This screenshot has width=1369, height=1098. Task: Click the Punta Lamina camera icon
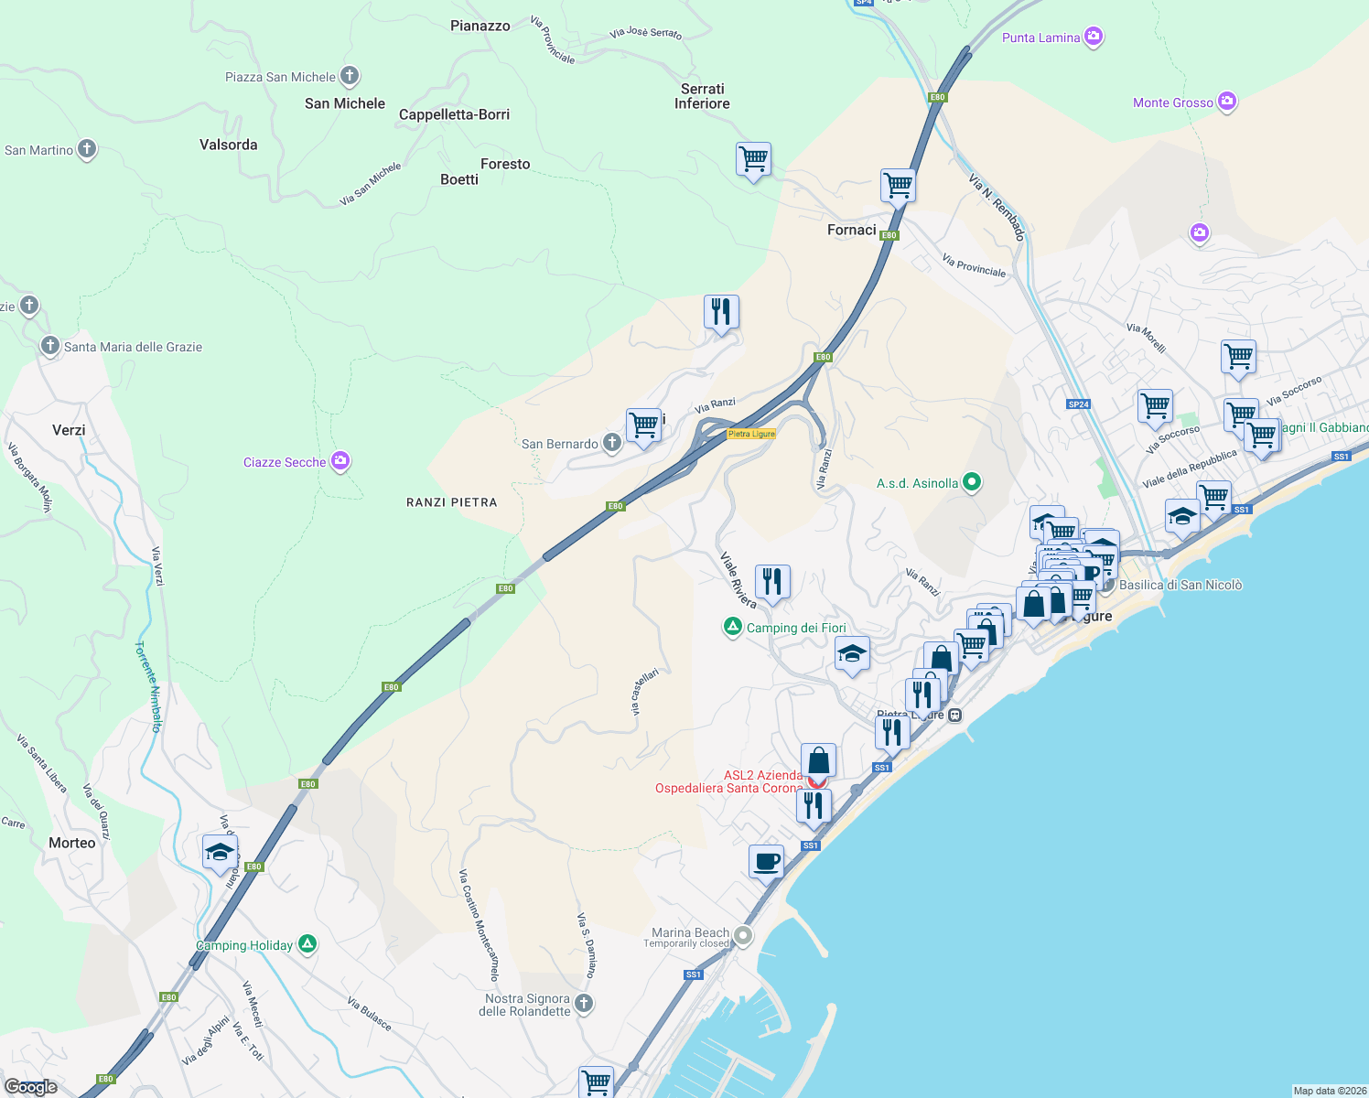pyautogui.click(x=1093, y=37)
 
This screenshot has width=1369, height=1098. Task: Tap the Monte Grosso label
pyautogui.click(x=1172, y=102)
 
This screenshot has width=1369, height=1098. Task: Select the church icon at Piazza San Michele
pyautogui.click(x=350, y=76)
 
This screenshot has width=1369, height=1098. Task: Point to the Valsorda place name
pyautogui.click(x=228, y=145)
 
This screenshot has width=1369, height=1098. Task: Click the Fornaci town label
pyautogui.click(x=851, y=230)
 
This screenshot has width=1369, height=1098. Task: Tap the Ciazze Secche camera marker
pyautogui.click(x=340, y=461)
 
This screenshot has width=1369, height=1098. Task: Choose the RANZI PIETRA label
pyautogui.click(x=451, y=502)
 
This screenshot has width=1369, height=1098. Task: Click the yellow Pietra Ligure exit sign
pyautogui.click(x=751, y=434)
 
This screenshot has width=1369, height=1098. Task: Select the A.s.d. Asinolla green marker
pyautogui.click(x=972, y=482)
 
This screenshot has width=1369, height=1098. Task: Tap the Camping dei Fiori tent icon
pyautogui.click(x=732, y=627)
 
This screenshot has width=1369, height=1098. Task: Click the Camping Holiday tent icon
pyautogui.click(x=307, y=943)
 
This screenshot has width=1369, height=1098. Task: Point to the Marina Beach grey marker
pyautogui.click(x=743, y=936)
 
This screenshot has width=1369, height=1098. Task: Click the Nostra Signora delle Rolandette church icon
pyautogui.click(x=583, y=1004)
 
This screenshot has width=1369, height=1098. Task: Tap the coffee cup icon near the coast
pyautogui.click(x=766, y=862)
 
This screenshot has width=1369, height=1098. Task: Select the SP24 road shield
pyautogui.click(x=1078, y=404)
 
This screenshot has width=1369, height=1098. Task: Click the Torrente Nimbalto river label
pyautogui.click(x=149, y=686)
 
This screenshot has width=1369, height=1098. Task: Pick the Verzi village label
pyautogui.click(x=69, y=430)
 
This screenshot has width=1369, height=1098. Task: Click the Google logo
pyautogui.click(x=31, y=1087)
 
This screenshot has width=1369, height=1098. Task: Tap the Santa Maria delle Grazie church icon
pyautogui.click(x=50, y=346)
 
